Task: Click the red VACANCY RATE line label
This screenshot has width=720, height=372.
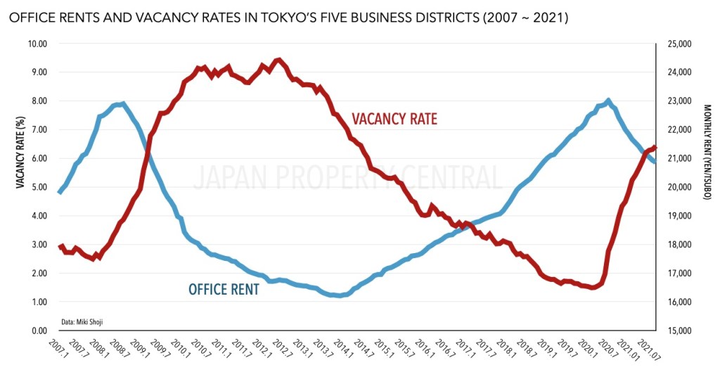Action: [394, 119]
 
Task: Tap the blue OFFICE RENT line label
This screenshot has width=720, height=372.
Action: [224, 289]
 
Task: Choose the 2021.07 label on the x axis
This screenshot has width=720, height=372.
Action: [647, 349]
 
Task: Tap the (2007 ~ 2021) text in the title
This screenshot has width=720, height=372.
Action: [521, 18]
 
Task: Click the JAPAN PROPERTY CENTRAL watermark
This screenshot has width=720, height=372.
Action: [347, 178]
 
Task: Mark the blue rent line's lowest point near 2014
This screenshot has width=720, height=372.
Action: [340, 295]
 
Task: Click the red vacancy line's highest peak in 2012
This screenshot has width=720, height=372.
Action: [279, 60]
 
